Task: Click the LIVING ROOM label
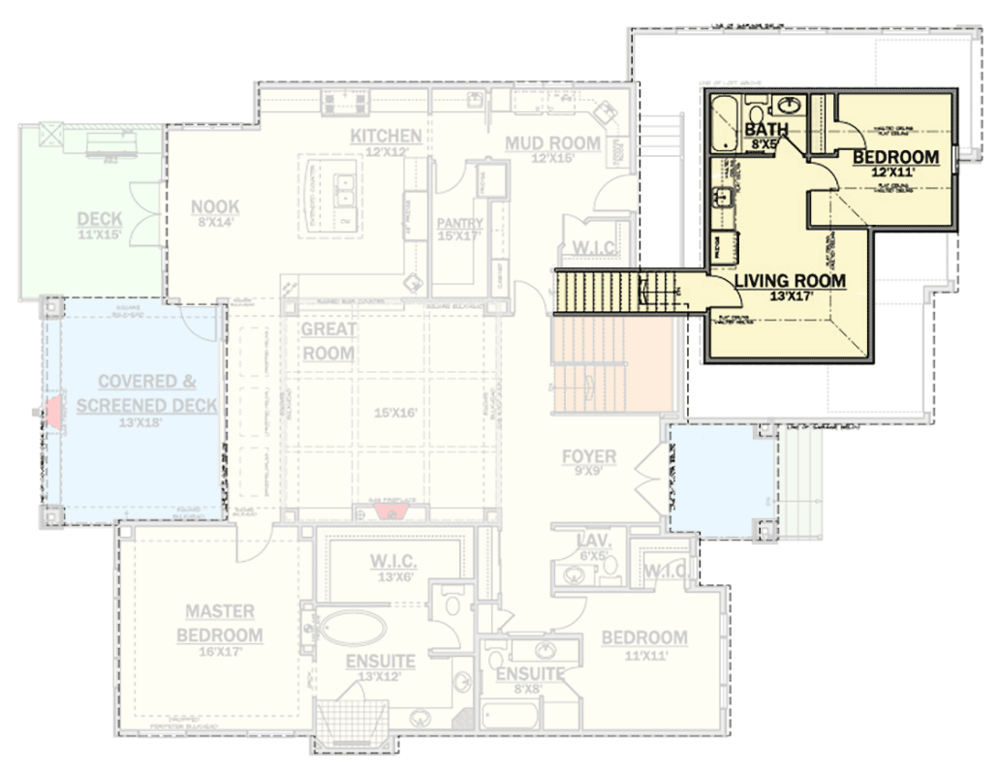click(x=790, y=281)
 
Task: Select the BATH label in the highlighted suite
click(x=765, y=129)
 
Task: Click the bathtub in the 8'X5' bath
click(x=725, y=125)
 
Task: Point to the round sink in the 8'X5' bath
click(x=791, y=103)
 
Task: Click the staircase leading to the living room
click(x=610, y=292)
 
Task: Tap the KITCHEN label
click(x=386, y=136)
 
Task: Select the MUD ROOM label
click(x=552, y=144)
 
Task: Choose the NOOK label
click(x=215, y=206)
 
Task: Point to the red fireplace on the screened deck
click(x=54, y=407)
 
